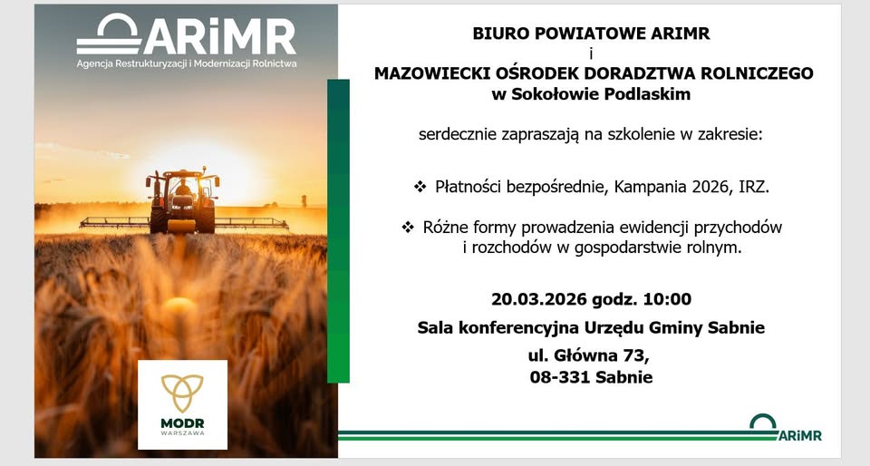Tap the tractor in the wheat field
(x=183, y=200)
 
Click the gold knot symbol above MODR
(x=182, y=393)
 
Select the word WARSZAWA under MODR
(x=182, y=432)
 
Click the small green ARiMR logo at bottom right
(x=786, y=428)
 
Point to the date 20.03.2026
(x=538, y=299)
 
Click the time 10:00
(x=668, y=299)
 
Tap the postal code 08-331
(x=559, y=377)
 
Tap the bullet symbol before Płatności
(x=420, y=187)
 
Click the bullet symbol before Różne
(x=408, y=227)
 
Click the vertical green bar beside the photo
(x=338, y=231)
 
